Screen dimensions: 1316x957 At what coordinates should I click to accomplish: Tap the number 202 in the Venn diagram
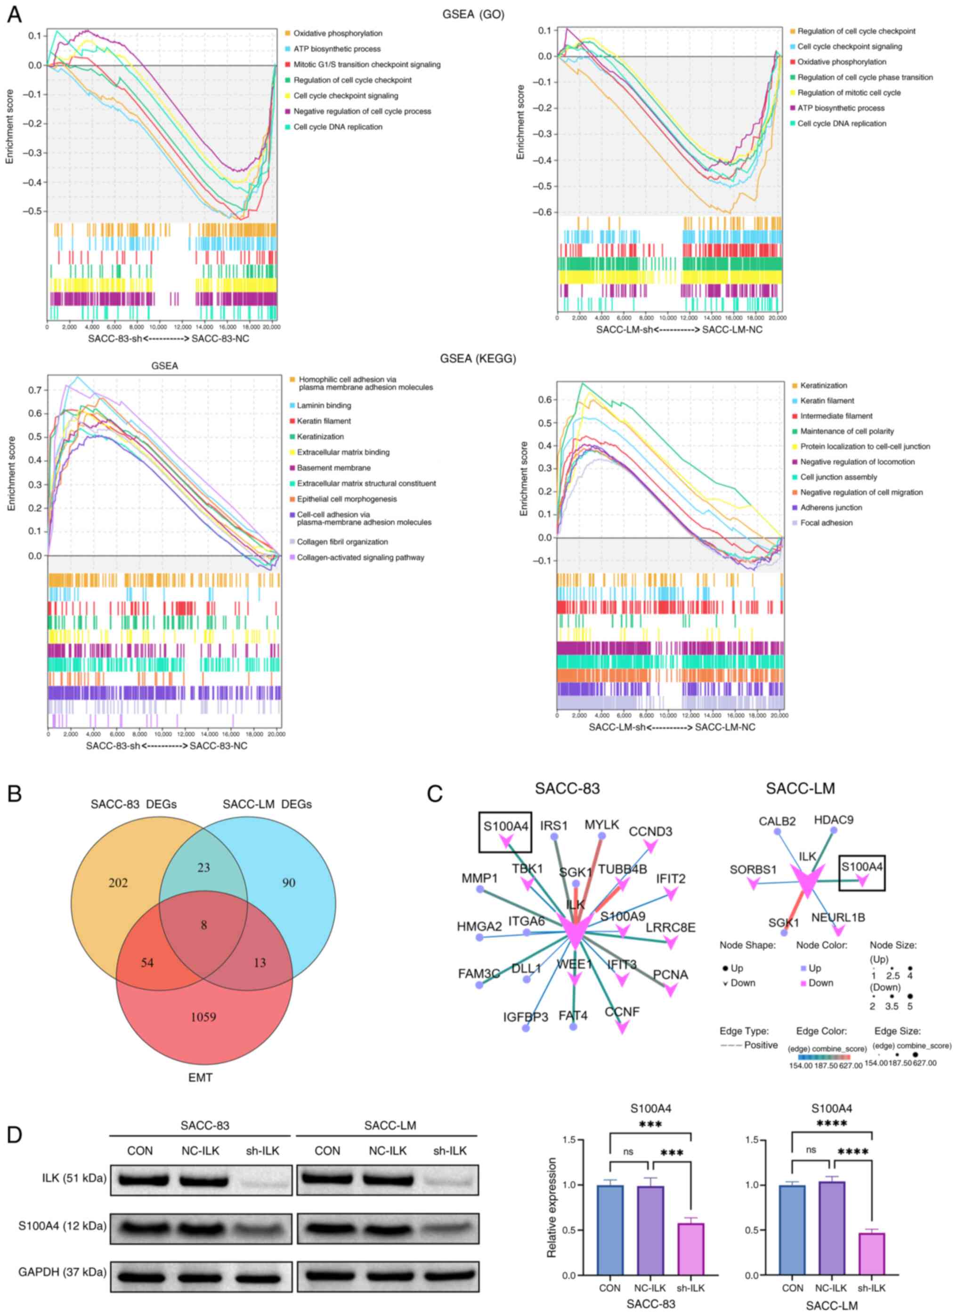click(x=117, y=883)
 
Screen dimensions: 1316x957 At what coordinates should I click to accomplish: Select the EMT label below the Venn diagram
click(x=200, y=1078)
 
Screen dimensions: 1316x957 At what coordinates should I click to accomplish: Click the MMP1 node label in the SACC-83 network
click(x=480, y=878)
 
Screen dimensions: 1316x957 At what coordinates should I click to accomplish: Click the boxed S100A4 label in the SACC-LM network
click(x=862, y=867)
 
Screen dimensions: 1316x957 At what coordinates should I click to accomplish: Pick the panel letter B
click(x=14, y=794)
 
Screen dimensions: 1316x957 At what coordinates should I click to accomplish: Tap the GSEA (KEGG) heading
click(x=478, y=358)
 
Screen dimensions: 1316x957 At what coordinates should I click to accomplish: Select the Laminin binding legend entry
click(x=323, y=406)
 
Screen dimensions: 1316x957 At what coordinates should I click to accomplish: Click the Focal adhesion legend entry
click(x=826, y=523)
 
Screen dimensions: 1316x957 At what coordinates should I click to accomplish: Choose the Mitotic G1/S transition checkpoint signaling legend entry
click(x=366, y=65)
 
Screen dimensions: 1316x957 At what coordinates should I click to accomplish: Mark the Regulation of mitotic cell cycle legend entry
click(x=849, y=93)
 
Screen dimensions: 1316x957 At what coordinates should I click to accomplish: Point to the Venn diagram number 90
click(x=288, y=883)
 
